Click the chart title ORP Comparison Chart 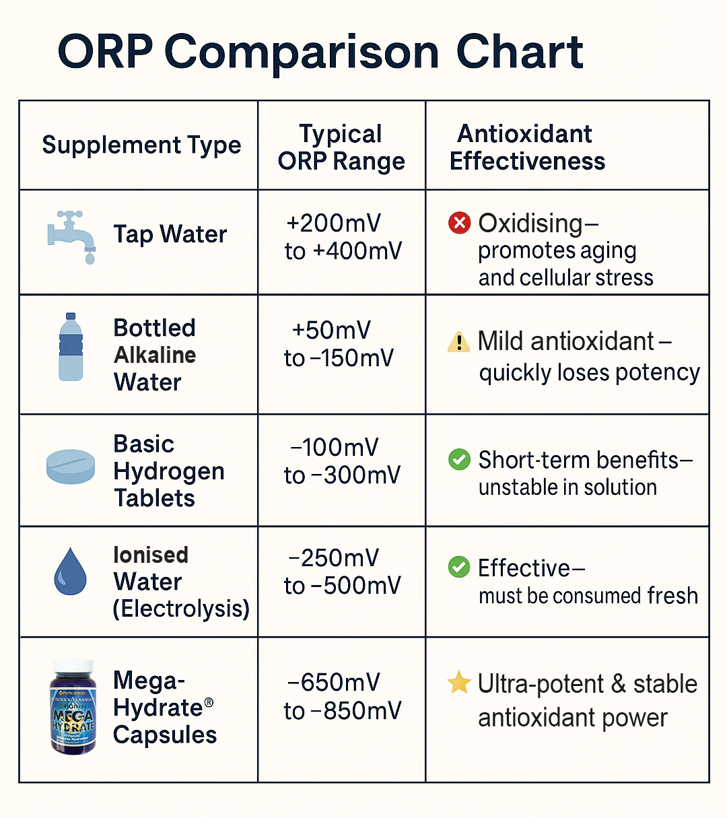320,53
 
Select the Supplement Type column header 141,145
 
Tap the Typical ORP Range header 341,147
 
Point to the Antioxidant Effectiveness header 527,147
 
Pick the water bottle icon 71,347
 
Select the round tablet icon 71,467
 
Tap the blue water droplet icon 70,572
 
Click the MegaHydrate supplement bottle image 73,707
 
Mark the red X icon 459,223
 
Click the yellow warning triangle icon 458,342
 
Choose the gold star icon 459,682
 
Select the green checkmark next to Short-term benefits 459,460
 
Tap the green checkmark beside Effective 459,567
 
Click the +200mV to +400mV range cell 342,237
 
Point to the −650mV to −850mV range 342,697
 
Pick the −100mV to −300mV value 342,461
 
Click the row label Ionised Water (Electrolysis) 180,582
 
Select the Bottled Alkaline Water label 155,355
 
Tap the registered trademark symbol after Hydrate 209,703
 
